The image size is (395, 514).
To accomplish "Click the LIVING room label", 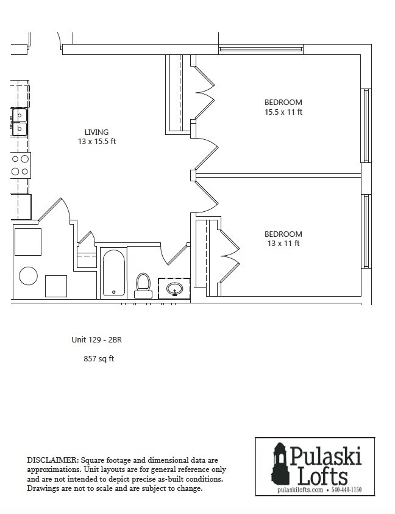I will [96, 132].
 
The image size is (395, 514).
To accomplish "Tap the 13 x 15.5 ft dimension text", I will [96, 142].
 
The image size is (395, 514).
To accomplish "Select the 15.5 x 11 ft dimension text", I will [283, 112].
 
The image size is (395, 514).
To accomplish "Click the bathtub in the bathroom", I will [113, 272].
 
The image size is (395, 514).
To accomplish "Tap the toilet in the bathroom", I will [143, 284].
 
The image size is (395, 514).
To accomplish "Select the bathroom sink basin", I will [175, 288].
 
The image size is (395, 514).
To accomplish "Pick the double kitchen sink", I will [20, 121].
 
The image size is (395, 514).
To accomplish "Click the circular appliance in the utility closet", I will [29, 275].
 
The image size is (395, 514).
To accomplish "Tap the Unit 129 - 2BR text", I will [98, 340].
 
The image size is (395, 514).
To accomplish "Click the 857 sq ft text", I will [99, 359].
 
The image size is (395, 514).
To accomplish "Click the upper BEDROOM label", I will [283, 102].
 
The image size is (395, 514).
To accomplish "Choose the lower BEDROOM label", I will [283, 234].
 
